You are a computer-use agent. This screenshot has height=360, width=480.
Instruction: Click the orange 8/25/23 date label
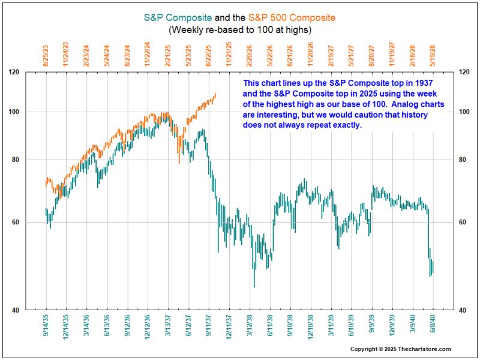coord(46,55)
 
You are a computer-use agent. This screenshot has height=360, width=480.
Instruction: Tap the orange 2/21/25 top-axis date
coord(168,55)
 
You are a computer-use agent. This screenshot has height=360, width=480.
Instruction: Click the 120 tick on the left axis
coord(30,72)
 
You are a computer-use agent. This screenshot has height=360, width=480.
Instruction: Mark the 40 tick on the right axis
coord(462,310)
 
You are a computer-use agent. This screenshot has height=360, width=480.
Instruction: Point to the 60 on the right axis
coord(462,222)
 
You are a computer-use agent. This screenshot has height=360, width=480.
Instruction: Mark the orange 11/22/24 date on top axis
coord(148,55)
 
